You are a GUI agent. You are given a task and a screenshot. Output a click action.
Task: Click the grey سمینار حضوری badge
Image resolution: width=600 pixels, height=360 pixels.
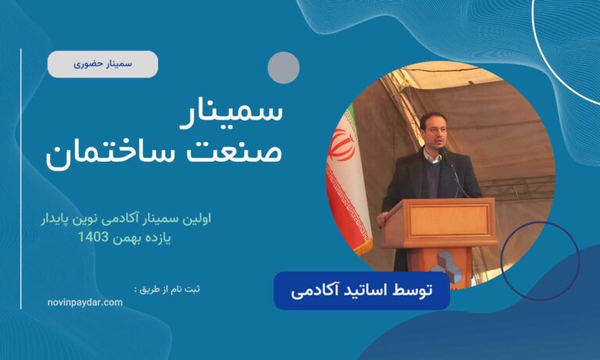[102, 64]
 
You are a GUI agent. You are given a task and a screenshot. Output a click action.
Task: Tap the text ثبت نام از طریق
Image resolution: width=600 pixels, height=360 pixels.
[166, 289]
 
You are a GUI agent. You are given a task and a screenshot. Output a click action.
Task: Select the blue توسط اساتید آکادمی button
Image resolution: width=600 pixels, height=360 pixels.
[361, 290]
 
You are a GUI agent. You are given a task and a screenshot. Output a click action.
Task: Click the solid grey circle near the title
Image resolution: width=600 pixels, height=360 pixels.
[284, 67]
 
